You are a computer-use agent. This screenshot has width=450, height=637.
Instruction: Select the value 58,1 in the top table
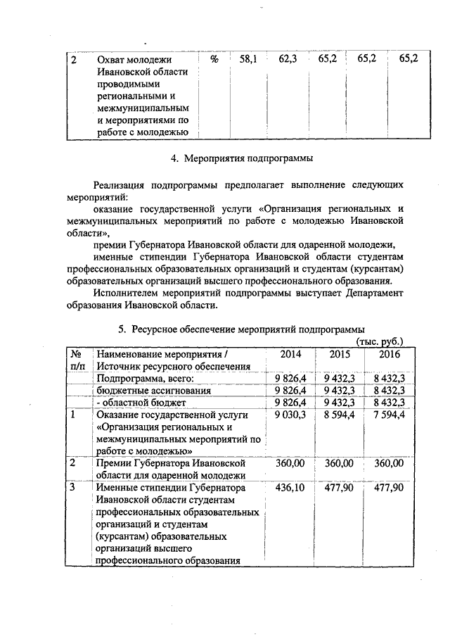(x=247, y=60)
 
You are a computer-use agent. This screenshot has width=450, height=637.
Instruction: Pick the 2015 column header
(x=340, y=354)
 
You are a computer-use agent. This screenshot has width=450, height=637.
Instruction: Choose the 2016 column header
(x=389, y=354)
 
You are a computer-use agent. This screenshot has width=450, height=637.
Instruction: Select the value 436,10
(x=290, y=488)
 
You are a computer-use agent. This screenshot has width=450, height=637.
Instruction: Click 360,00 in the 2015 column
(x=339, y=463)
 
